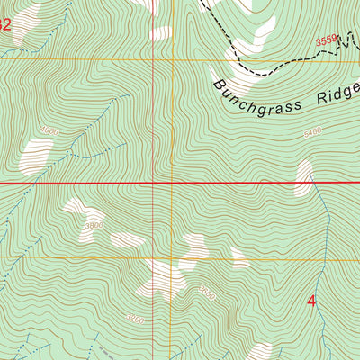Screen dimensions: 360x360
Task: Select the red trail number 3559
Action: pyautogui.click(x=327, y=40)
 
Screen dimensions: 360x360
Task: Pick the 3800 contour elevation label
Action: pyautogui.click(x=94, y=225)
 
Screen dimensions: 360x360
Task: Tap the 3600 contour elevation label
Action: pyautogui.click(x=207, y=290)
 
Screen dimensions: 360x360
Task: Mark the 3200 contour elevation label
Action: pyautogui.click(x=135, y=319)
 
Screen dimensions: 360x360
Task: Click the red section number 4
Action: pyautogui.click(x=312, y=301)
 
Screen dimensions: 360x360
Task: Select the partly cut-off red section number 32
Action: pyautogui.click(x=5, y=27)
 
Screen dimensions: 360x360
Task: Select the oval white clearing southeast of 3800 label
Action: pyautogui.click(x=127, y=239)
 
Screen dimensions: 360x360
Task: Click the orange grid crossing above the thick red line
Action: pyautogui.click(x=155, y=60)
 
